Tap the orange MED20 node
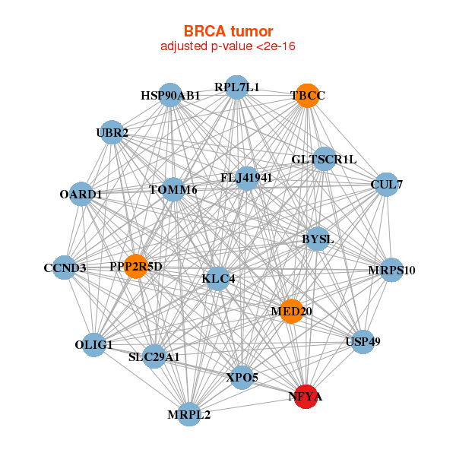point(291,311)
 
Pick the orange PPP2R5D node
point(136,267)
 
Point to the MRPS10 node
point(391,270)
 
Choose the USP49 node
point(362,341)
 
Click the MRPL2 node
point(189,414)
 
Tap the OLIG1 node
point(93,345)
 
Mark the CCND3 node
point(65,268)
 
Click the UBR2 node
point(112,133)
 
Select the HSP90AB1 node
point(170,96)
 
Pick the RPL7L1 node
point(236,87)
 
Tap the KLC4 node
point(219,279)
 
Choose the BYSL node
point(317,239)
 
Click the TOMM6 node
point(173,189)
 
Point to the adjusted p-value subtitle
point(228,46)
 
